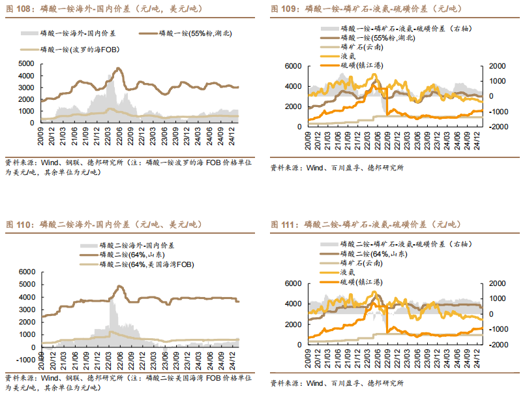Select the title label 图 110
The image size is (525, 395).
click(18, 225)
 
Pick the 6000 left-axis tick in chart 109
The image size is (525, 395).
click(293, 67)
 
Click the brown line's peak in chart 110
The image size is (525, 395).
click(119, 286)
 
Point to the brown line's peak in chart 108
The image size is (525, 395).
click(117, 69)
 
